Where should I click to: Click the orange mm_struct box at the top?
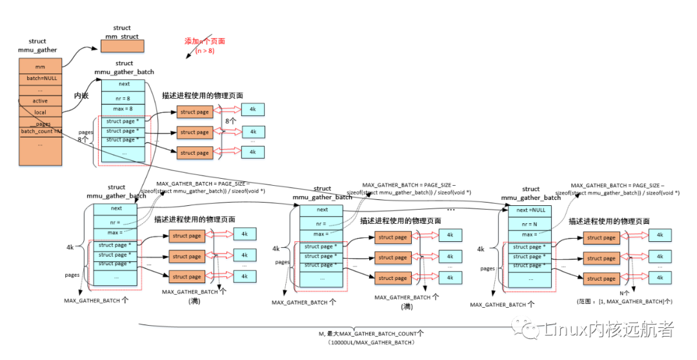(x=122, y=46)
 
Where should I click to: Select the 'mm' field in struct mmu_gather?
(x=40, y=66)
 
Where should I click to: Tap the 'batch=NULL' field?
(x=40, y=78)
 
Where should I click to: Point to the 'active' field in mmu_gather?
(x=40, y=101)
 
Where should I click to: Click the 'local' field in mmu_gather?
(x=40, y=112)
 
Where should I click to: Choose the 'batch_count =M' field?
(x=41, y=132)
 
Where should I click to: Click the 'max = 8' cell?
(x=124, y=108)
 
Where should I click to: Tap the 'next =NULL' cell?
(x=530, y=210)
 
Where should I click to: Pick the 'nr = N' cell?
(x=530, y=223)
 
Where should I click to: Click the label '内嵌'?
(x=81, y=95)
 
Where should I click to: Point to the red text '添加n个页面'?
(x=205, y=41)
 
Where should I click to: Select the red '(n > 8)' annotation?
(x=204, y=50)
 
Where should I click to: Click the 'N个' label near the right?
(x=623, y=293)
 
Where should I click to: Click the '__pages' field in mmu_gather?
(x=40, y=123)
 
